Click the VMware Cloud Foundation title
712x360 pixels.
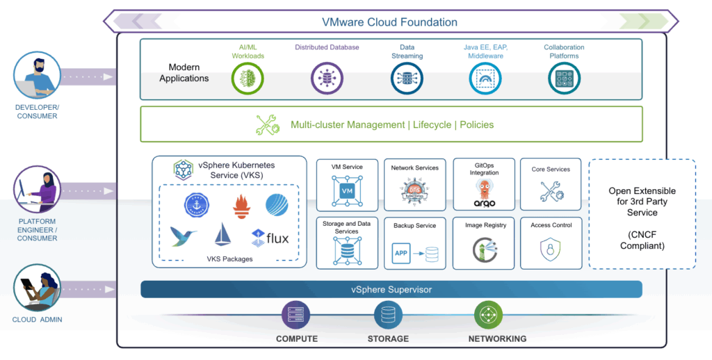pos(389,22)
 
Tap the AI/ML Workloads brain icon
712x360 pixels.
pos(247,79)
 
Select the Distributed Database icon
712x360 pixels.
pos(327,79)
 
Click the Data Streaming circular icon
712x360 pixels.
pos(407,79)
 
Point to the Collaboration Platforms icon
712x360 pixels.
pos(564,79)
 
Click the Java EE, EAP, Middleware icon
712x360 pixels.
pos(485,79)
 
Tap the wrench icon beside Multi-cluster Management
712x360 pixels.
pos(268,125)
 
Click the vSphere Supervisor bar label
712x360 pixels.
pos(391,289)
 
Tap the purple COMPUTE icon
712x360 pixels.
pos(296,316)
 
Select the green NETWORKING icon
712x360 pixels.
pos(488,316)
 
